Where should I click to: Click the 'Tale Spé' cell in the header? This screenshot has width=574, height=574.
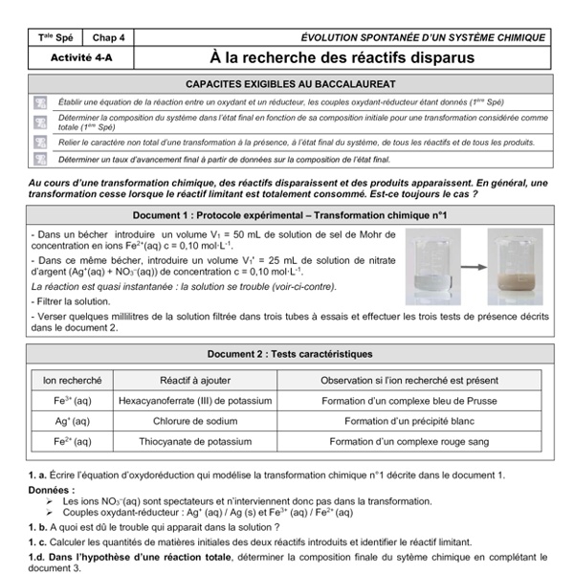[x=55, y=37]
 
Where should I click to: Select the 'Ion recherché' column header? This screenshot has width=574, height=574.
[x=68, y=380]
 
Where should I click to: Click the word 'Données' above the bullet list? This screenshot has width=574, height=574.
[x=49, y=489]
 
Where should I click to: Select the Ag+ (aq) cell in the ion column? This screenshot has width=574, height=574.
[x=68, y=420]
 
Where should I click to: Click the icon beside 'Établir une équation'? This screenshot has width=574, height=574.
[x=40, y=101]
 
